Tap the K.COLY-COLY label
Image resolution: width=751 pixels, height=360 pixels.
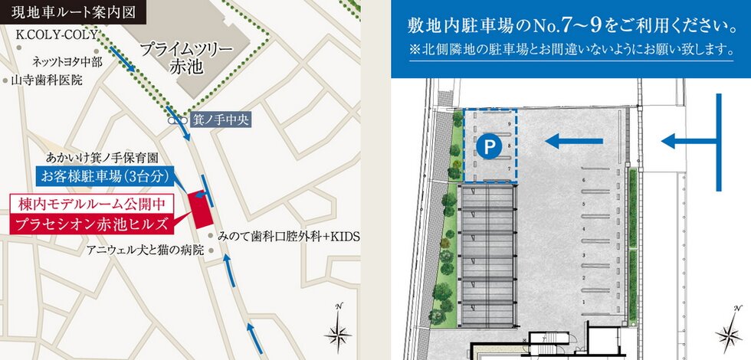click(x=57, y=35)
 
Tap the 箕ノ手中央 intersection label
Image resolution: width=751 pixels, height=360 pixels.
click(x=220, y=119)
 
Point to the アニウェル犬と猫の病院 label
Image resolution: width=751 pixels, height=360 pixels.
click(x=145, y=250)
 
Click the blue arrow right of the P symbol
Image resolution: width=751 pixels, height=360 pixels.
click(x=576, y=140)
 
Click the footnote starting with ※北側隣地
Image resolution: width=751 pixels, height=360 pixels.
click(x=571, y=52)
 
